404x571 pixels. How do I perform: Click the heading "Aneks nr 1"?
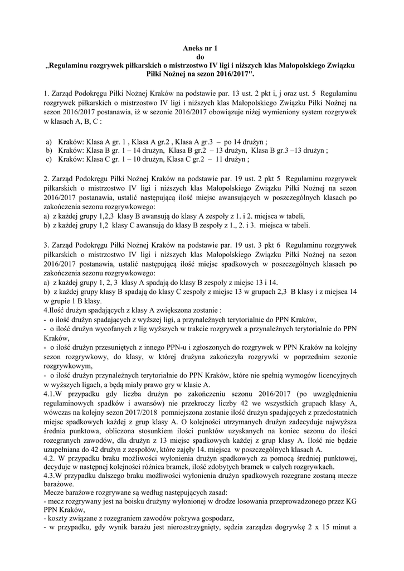(201, 49)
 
